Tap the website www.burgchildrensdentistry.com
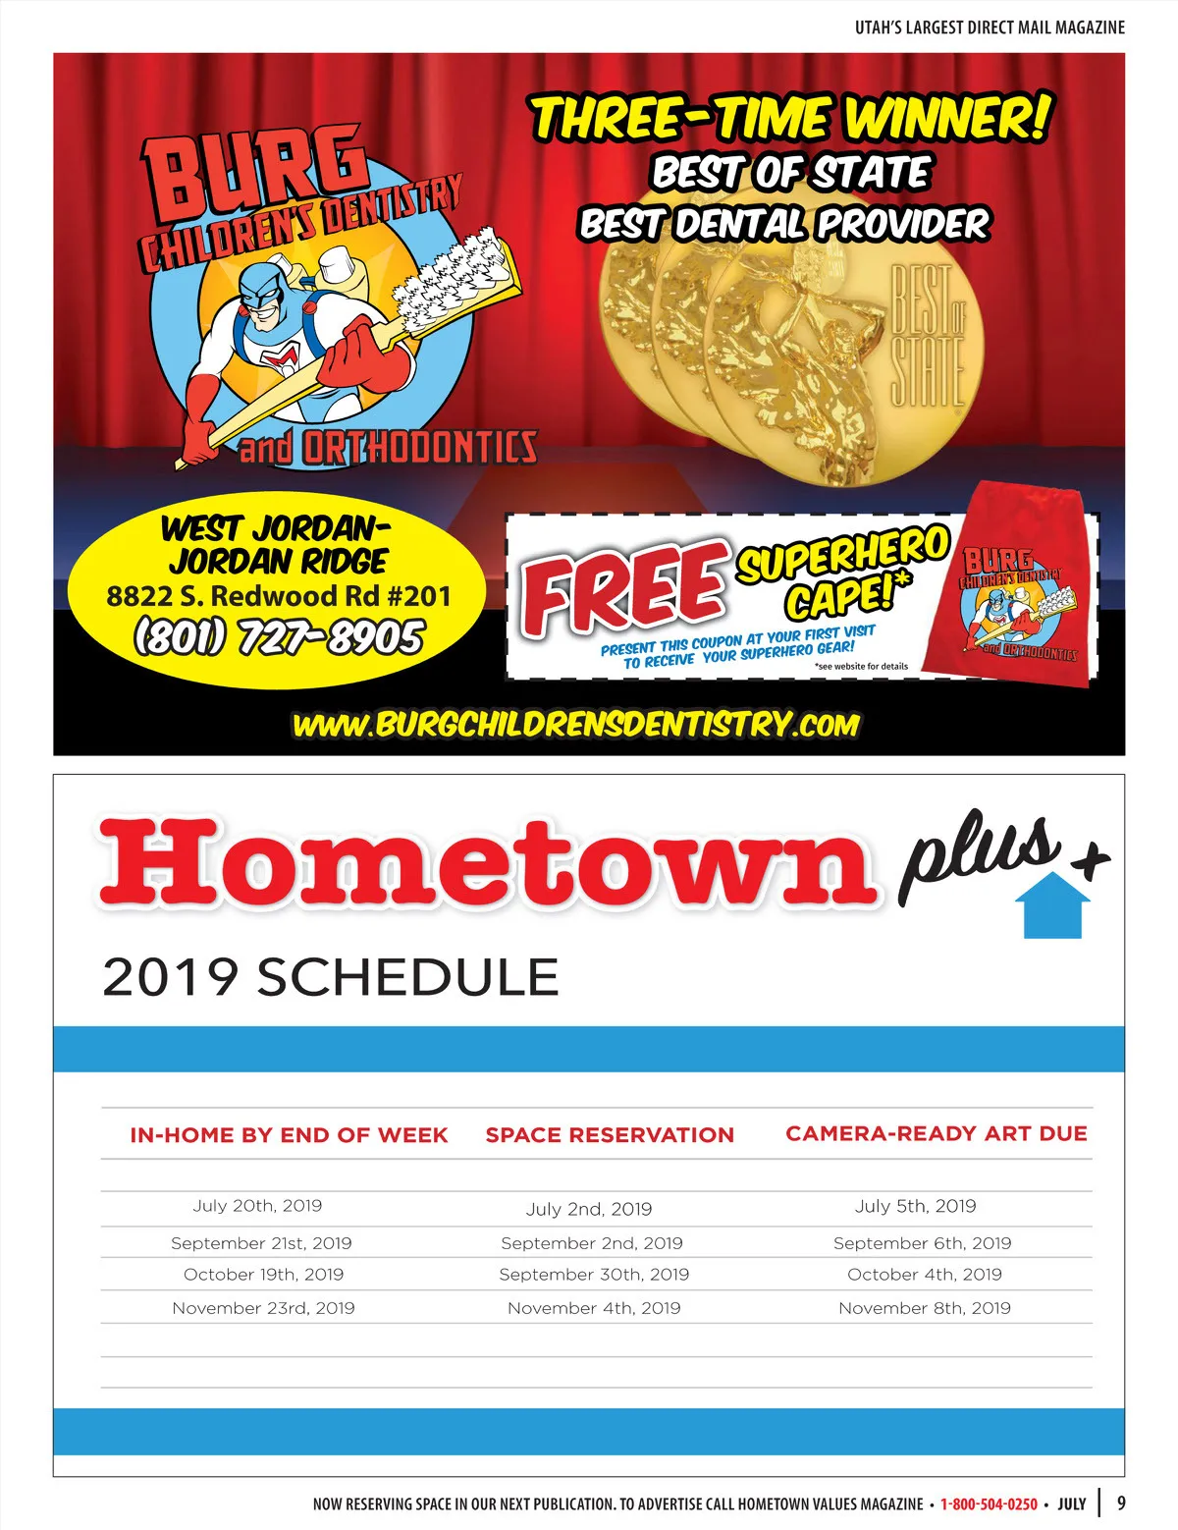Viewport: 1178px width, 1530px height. point(576,725)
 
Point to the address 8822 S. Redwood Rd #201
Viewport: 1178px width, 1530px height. point(279,596)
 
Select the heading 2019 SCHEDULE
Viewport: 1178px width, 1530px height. point(330,977)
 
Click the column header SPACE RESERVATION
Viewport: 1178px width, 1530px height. point(610,1135)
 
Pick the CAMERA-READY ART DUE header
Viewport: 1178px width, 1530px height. point(937,1133)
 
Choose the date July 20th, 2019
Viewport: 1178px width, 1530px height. point(257,1206)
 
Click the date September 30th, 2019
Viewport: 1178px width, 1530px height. point(594,1275)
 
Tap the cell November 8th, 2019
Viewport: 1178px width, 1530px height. point(925,1308)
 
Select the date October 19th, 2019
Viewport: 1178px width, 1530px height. point(263,1275)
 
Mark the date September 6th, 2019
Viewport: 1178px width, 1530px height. point(922,1243)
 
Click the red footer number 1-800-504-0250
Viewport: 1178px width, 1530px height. point(989,1503)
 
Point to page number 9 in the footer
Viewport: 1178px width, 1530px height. point(1122,1503)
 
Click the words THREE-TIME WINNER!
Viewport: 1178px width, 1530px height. point(791,118)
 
